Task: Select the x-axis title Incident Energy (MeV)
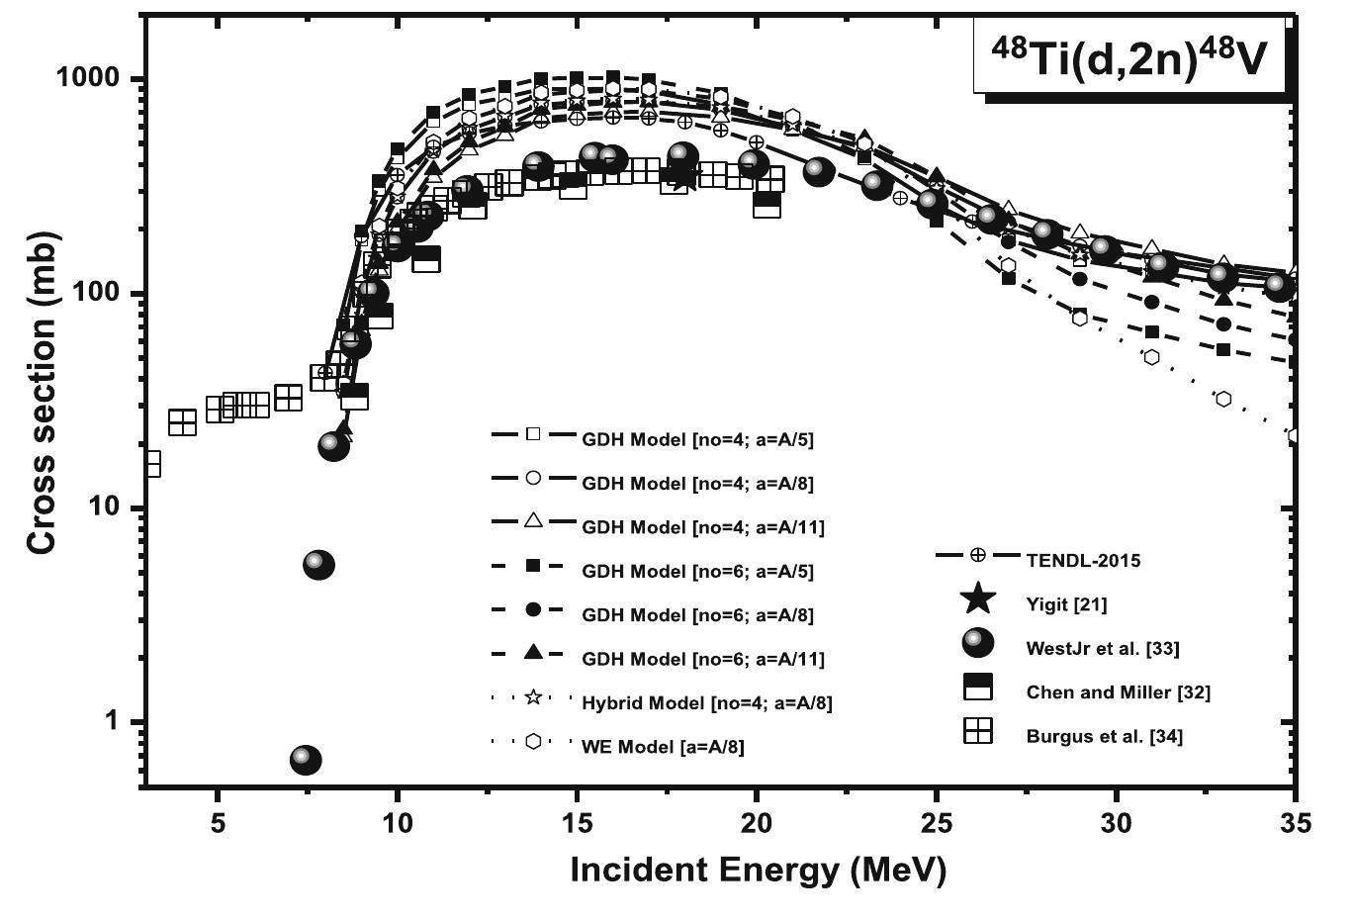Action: click(758, 870)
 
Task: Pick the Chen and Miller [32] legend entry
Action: click(1118, 691)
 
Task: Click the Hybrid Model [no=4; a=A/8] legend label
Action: click(706, 702)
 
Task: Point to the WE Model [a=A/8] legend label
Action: click(663, 746)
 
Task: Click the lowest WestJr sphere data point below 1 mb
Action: click(306, 760)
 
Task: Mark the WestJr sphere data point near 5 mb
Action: click(318, 565)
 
